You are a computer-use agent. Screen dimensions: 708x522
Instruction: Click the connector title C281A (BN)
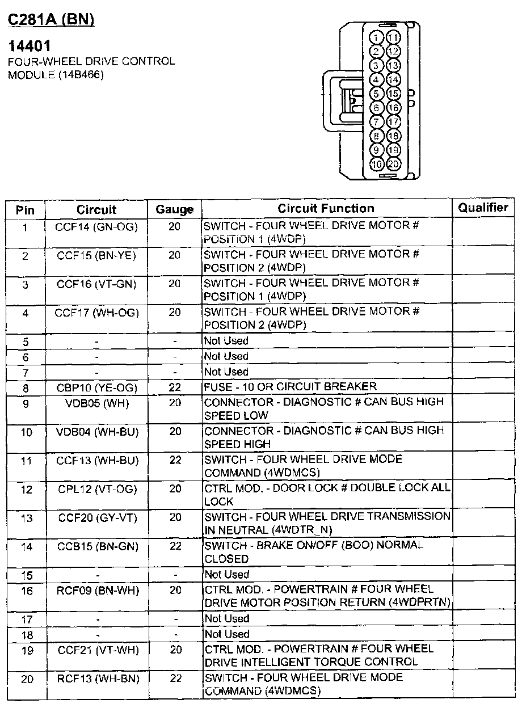coord(50,20)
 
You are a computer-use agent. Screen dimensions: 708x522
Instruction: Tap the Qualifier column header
coord(483,208)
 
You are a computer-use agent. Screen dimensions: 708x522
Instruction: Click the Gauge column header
coord(174,209)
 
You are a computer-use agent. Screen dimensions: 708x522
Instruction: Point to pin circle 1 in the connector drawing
coord(376,38)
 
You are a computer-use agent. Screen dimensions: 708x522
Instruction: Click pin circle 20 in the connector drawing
coord(393,165)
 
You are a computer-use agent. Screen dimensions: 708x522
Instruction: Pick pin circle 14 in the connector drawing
coord(393,80)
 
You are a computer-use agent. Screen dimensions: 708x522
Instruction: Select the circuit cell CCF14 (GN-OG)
coord(96,227)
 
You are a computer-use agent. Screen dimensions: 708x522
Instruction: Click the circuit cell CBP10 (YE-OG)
coord(96,388)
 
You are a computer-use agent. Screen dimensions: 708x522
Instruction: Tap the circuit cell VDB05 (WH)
coord(96,403)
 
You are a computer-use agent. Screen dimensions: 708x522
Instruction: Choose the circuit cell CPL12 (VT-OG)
coord(96,489)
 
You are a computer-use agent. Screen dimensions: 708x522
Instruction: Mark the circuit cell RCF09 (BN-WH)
coord(96,591)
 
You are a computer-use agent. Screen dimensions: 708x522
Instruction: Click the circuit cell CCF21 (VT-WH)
coord(96,650)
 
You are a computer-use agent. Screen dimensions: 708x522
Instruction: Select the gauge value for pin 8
coord(175,388)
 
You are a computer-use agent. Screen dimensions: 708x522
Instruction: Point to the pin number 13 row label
coord(26,518)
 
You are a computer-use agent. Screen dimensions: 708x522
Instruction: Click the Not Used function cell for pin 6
coord(226,356)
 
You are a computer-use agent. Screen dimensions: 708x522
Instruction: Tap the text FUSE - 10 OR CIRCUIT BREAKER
coord(290,387)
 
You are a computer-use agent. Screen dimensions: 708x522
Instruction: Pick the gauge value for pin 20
coord(175,678)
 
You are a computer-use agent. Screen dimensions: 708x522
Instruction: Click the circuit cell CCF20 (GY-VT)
coord(96,518)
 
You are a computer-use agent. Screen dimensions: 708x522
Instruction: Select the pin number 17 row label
coord(26,619)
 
